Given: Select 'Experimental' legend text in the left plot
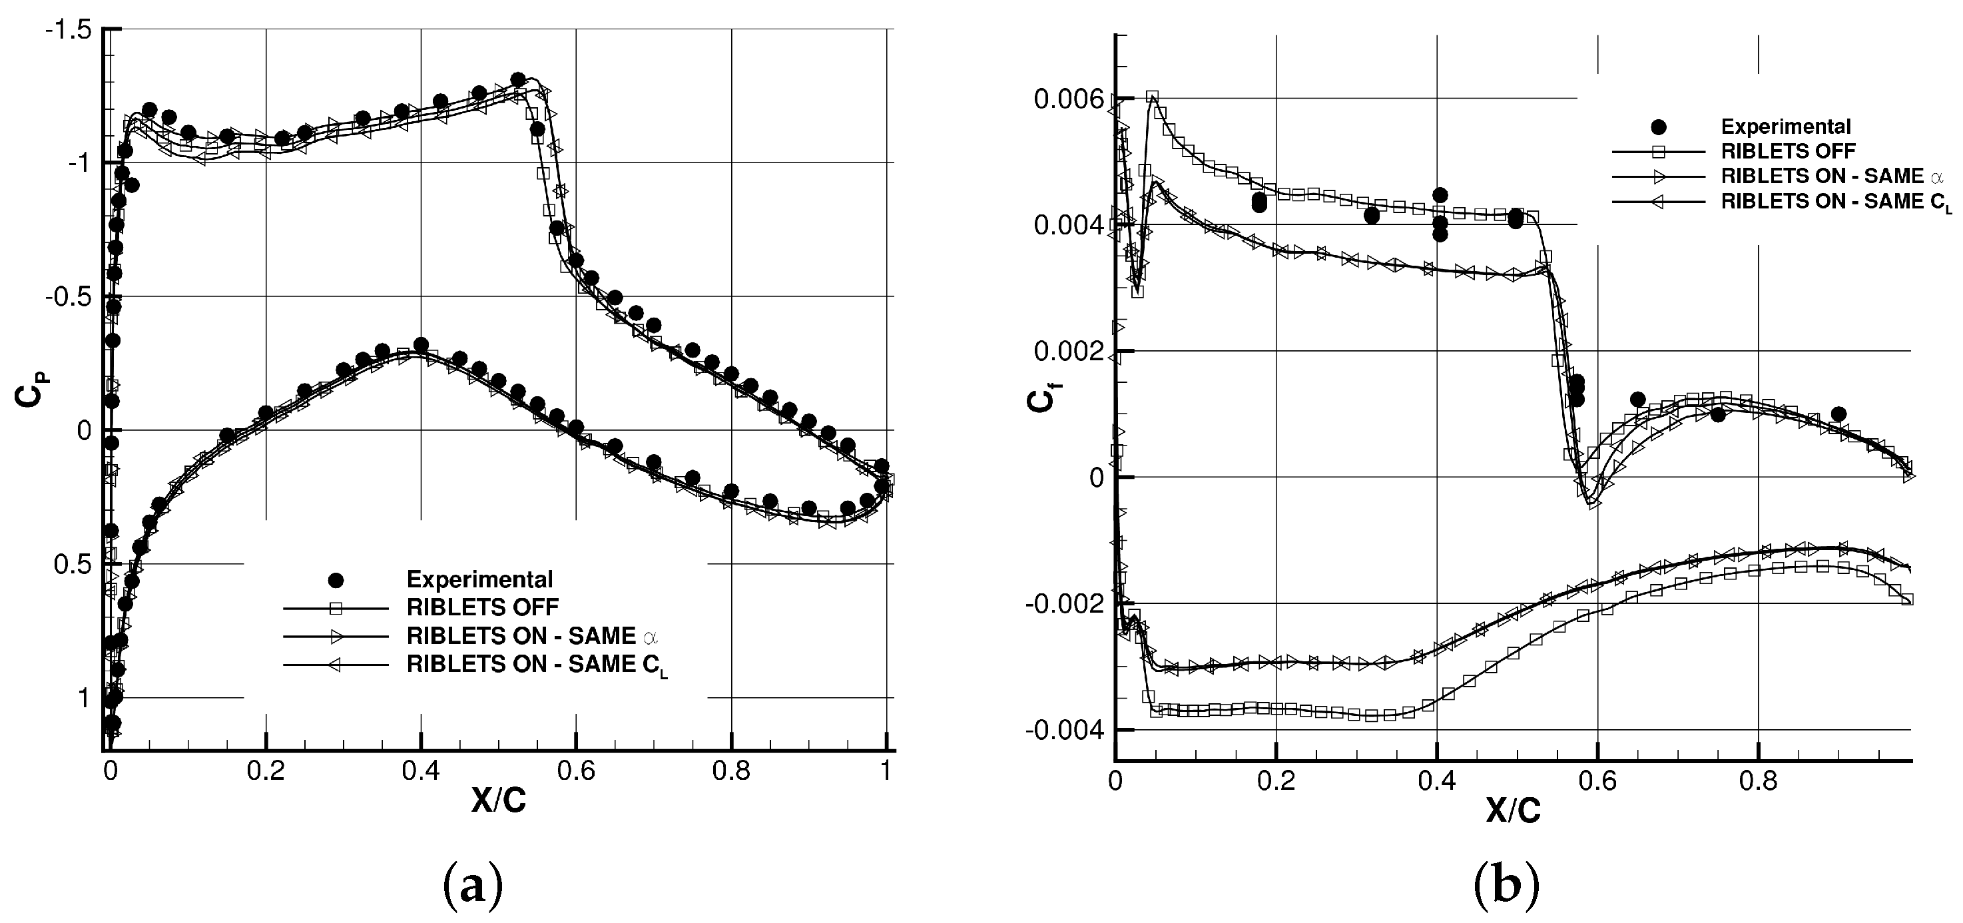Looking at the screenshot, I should [x=479, y=580].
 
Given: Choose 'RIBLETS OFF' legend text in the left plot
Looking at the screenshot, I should [x=482, y=607].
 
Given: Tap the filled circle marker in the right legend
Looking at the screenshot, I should [x=1657, y=127].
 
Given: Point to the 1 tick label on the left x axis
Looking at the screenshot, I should [x=886, y=770].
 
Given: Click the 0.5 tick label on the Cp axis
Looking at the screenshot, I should [x=73, y=565].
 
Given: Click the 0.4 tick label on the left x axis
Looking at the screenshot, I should [x=421, y=770].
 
